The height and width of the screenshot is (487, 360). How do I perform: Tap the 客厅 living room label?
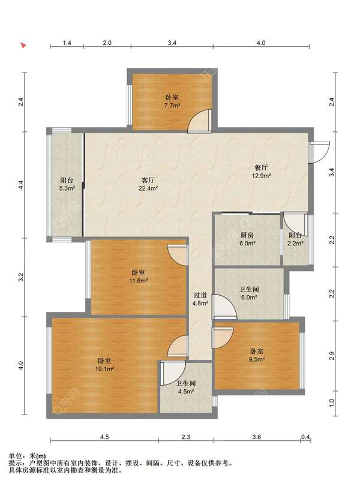coord(148,180)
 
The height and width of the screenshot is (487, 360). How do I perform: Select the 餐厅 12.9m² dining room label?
coord(261,172)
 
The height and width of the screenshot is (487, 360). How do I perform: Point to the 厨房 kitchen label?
coord(247,236)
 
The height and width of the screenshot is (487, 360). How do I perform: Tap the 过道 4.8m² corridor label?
coord(200,299)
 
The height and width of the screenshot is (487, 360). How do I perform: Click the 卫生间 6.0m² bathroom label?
coord(249,293)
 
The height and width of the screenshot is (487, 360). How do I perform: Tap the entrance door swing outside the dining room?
coord(320,152)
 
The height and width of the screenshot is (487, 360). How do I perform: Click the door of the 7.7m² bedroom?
coord(200,121)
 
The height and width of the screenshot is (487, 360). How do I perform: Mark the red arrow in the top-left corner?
coord(23,46)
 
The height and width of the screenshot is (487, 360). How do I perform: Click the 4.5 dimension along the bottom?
coord(104,437)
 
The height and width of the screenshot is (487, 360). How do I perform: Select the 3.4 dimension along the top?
coord(172,43)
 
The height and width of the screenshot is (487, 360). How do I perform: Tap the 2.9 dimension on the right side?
coord(331,356)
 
